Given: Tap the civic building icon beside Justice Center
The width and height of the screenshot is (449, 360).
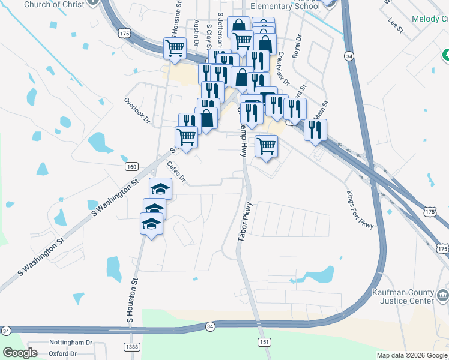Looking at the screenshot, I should [x=442, y=295].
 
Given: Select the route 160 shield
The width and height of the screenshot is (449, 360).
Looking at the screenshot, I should [x=132, y=166].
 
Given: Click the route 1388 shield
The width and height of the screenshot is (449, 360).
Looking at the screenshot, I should [x=133, y=347].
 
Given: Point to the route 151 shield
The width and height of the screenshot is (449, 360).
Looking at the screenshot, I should [x=264, y=341].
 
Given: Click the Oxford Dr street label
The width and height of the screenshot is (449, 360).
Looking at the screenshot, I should [x=63, y=353].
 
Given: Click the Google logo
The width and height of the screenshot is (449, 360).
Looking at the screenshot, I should [x=20, y=353].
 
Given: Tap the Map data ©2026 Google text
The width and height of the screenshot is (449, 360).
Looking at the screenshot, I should [x=412, y=355].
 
